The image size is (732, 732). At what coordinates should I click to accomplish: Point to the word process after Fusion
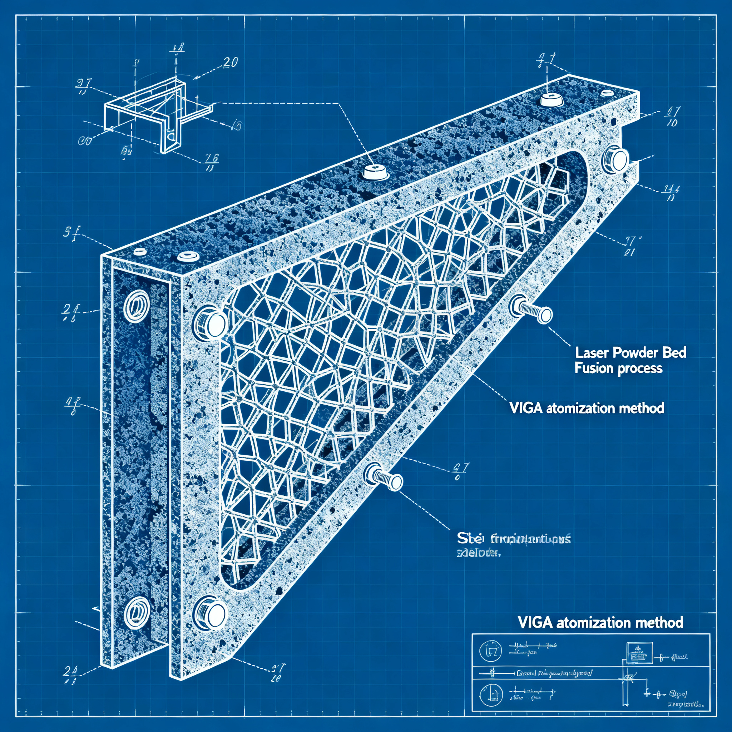coord(641,369)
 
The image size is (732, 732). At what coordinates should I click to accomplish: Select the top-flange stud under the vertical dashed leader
coord(550,99)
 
